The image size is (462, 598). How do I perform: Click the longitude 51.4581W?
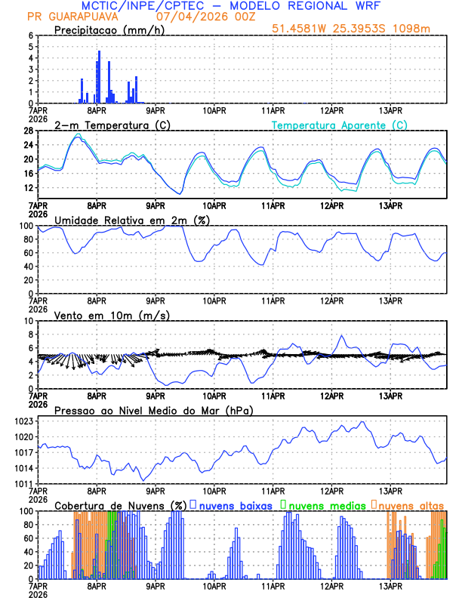300,29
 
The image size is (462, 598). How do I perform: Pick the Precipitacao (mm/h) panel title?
109,30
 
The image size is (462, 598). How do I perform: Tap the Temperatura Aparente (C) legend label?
340,125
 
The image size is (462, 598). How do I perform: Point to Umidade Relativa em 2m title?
131,220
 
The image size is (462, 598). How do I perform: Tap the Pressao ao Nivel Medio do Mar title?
153,410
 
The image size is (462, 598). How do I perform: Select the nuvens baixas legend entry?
234,504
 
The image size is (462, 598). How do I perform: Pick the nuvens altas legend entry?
411,504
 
